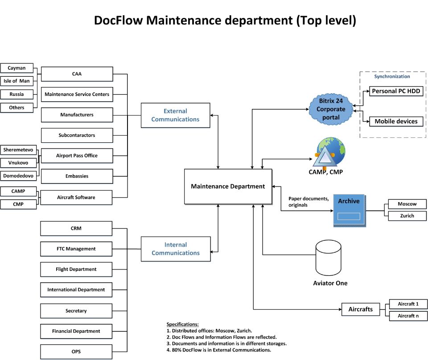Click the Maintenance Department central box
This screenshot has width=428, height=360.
click(228, 186)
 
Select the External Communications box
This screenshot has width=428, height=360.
click(175, 116)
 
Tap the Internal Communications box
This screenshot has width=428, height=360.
click(175, 249)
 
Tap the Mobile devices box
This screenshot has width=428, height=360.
click(396, 121)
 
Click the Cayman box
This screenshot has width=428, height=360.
click(16, 68)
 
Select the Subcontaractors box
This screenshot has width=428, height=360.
click(77, 135)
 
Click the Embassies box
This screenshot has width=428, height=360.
click(77, 176)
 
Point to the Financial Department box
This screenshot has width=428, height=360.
click(76, 331)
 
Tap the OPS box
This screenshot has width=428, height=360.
click(76, 352)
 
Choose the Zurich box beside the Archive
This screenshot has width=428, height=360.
click(407, 216)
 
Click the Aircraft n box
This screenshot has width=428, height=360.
click(408, 316)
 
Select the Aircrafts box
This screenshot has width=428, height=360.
click(360, 309)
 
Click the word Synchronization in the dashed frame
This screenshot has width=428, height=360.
click(392, 77)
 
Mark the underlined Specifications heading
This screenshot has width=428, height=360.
click(183, 324)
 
